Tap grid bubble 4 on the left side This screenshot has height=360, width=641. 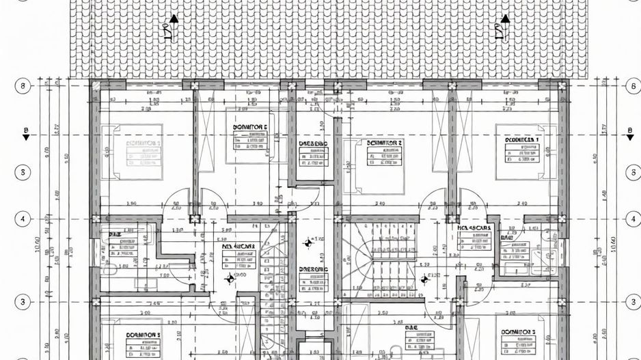point(23,219)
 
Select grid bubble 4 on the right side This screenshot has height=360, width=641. point(631,219)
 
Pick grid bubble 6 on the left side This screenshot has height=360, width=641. point(23,86)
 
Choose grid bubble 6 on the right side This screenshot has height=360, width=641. point(631,86)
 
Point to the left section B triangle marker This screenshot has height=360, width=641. point(25,136)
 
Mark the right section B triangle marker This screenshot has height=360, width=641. point(629,136)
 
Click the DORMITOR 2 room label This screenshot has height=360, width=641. point(385,143)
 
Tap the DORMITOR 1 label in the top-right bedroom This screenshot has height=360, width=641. point(522,139)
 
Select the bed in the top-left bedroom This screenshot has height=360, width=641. point(132,152)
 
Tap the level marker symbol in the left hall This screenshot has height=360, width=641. point(230,277)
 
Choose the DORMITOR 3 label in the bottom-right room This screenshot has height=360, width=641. point(519,331)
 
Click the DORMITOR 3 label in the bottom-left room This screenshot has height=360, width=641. point(143,334)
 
